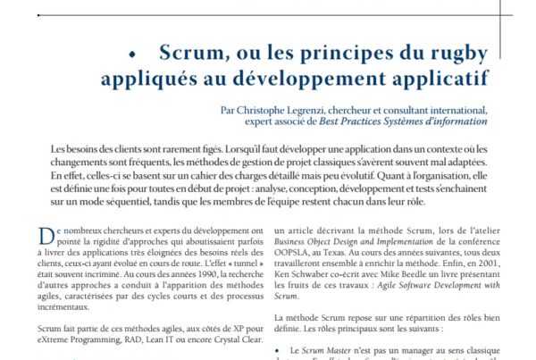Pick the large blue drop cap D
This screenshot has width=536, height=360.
coord(46,237)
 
